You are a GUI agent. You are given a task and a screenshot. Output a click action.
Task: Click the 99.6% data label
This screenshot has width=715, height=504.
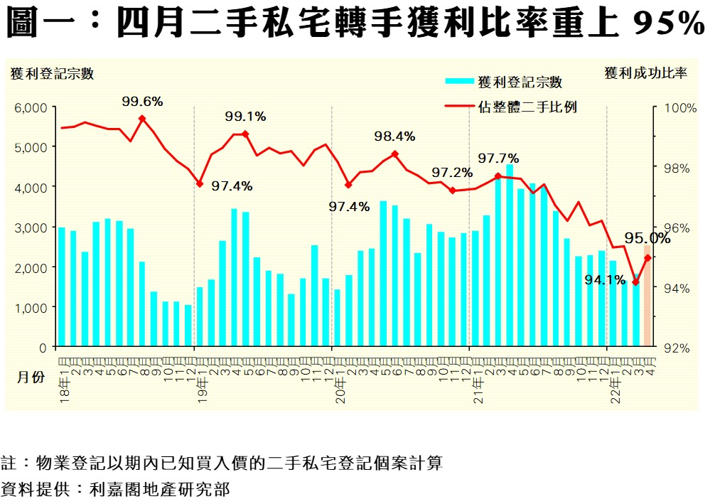tap(142, 102)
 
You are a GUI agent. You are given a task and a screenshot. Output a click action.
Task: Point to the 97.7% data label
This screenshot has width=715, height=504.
tap(498, 158)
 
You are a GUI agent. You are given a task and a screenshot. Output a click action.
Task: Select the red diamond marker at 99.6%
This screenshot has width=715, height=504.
tap(142, 119)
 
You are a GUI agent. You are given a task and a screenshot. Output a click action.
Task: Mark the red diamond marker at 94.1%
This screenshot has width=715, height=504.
tap(635, 282)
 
